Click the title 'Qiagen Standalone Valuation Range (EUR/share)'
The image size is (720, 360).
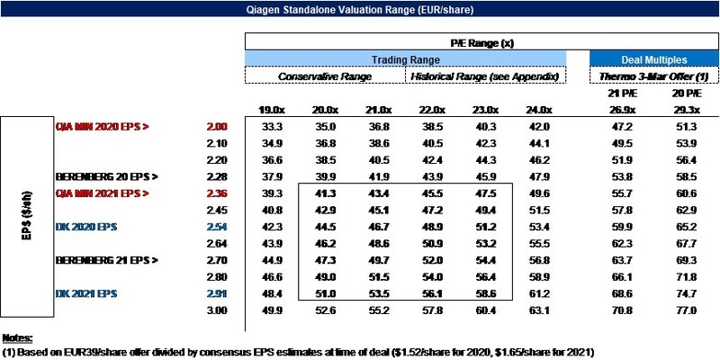[359, 9]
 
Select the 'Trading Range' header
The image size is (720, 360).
[406, 59]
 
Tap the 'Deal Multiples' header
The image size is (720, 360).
[654, 59]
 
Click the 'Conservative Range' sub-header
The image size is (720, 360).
[325, 76]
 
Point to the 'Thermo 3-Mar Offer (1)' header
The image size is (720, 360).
[654, 76]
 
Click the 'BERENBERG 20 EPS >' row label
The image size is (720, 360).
[107, 177]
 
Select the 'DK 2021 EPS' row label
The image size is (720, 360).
[85, 294]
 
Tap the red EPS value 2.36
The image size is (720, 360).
[217, 193]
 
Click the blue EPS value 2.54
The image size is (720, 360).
[217, 228]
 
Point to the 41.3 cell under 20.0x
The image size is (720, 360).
[325, 193]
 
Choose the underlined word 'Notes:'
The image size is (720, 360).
[17, 338]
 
